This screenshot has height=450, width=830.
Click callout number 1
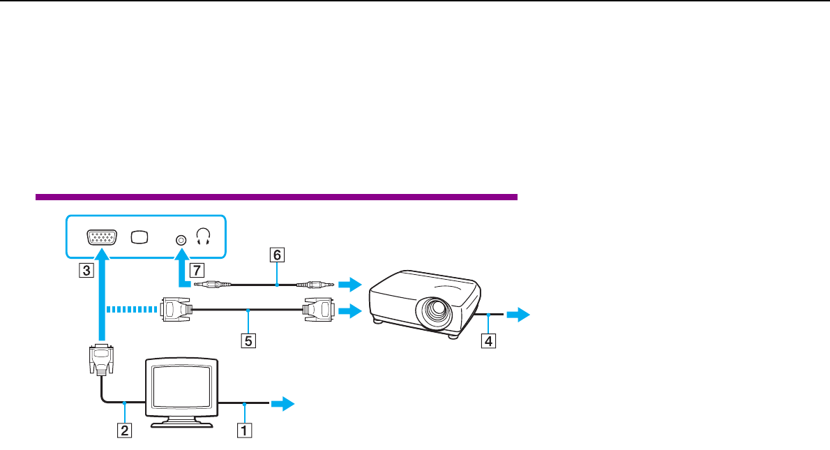243,430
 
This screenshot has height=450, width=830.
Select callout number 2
124,430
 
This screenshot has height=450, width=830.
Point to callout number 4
490,342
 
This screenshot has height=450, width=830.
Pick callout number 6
277,256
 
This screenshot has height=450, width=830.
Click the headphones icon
204,239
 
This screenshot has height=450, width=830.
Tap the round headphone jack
181,239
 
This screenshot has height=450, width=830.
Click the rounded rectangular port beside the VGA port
139,238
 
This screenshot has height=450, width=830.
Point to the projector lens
437,309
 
